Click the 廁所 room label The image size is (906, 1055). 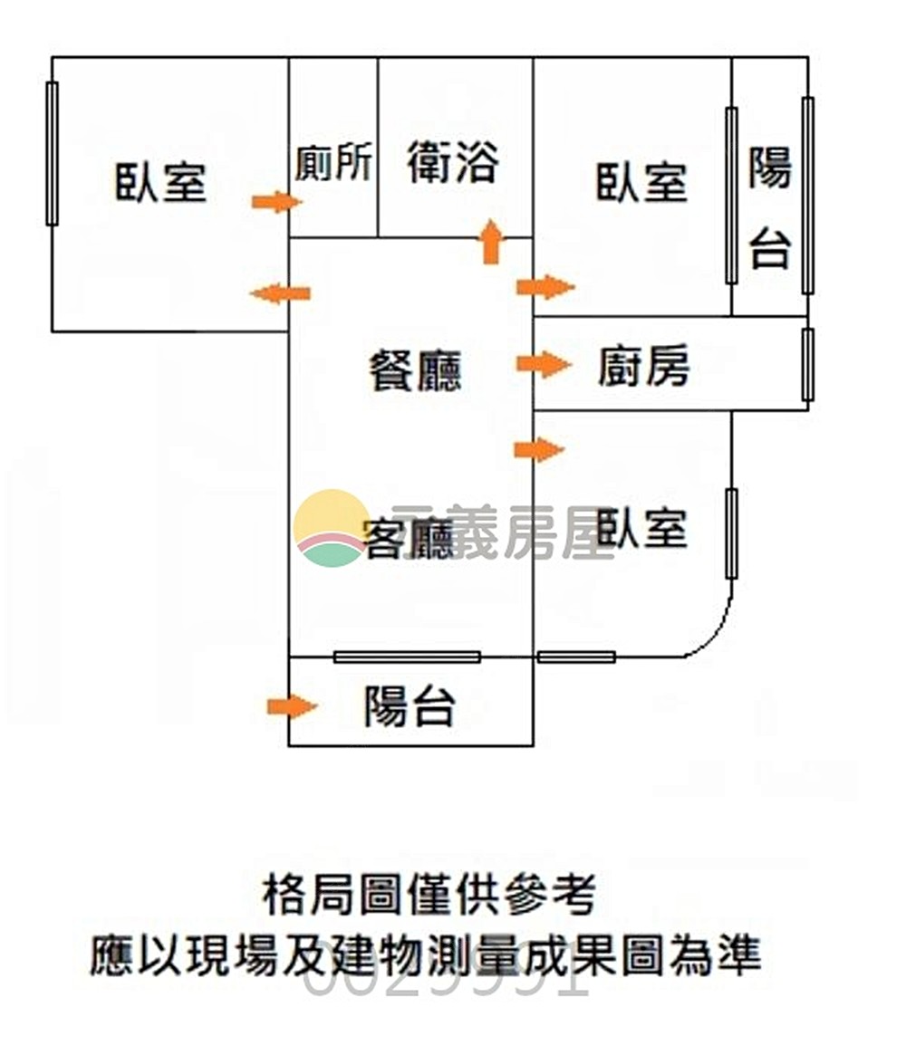coord(333,164)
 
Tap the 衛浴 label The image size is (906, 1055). coord(453,164)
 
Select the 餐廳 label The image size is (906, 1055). coord(415,370)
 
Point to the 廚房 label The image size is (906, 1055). coord(644,367)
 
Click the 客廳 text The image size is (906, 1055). coord(408,541)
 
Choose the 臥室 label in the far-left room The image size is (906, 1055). coord(161,182)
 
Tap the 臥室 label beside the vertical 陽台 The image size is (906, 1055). coord(641,182)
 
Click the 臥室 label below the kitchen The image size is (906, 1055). coord(641,528)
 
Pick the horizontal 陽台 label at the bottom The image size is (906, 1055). coord(410,706)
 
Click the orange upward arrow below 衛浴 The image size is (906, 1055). coord(490,242)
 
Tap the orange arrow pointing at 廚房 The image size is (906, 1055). coord(544,365)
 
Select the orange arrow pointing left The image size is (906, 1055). coord(280,293)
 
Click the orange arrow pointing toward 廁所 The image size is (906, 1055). coord(276,201)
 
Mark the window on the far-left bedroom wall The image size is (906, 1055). coord(52,153)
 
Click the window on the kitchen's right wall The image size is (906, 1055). coord(807,365)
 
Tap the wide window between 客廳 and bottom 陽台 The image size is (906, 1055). coord(407,657)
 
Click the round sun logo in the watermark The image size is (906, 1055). coord(331,528)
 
